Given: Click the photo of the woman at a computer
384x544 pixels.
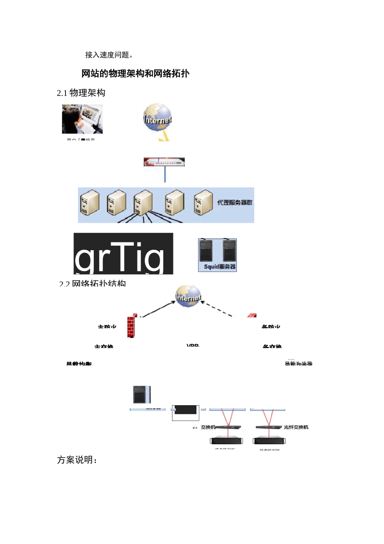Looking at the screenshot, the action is click(x=82, y=119).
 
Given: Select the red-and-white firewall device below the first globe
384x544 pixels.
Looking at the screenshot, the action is click(x=164, y=162).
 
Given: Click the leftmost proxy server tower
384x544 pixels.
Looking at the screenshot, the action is click(x=90, y=202).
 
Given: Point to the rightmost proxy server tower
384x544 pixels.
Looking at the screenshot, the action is click(x=203, y=202).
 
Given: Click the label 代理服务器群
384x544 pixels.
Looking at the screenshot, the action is click(x=235, y=202).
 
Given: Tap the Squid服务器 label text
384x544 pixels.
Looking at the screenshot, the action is click(x=219, y=267).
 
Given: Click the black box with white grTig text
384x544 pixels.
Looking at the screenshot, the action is click(x=123, y=254).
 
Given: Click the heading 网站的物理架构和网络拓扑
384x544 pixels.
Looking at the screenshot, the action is click(x=135, y=74).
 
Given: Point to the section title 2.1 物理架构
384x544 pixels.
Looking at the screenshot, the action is click(x=81, y=93).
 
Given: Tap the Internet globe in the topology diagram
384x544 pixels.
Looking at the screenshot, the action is click(x=188, y=296).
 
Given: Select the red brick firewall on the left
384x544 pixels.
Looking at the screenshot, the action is click(x=131, y=326).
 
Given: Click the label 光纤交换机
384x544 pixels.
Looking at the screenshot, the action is click(x=296, y=427).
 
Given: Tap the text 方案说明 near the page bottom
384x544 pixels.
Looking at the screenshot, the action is click(x=77, y=460).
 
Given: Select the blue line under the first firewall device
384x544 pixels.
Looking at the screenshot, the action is click(x=165, y=174).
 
